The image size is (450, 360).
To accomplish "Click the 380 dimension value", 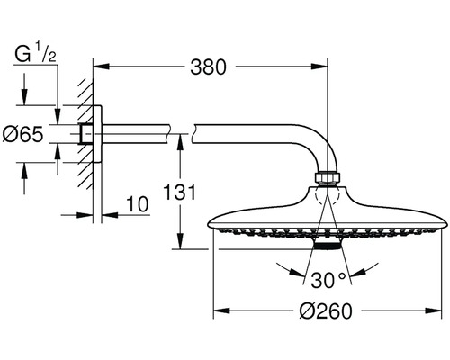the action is [x=208, y=67].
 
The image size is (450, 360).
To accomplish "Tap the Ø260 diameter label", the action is [x=326, y=310].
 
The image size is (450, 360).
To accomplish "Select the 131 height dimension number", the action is [x=179, y=192].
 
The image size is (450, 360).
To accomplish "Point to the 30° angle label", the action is [x=328, y=280].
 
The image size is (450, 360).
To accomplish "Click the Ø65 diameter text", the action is [x=22, y=134].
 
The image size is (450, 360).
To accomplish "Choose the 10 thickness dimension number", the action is [x=138, y=204].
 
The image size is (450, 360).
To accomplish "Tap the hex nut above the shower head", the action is [x=328, y=177].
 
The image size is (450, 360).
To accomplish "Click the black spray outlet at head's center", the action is [x=328, y=246].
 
